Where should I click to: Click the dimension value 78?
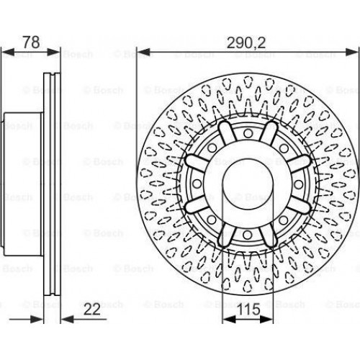pyautogui.click(x=31, y=42)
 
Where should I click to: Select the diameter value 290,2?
pyautogui.click(x=246, y=43)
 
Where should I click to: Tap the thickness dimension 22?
pyautogui.click(x=92, y=310)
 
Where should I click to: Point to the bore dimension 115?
pyautogui.click(x=248, y=309)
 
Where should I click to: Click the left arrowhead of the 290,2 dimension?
pyautogui.click(x=143, y=52)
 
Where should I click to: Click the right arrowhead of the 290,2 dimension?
pyautogui.click(x=352, y=52)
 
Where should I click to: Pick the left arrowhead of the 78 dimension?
pyautogui.click(x=8, y=52)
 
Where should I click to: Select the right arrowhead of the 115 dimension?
pyautogui.click(x=266, y=319)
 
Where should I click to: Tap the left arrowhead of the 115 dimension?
pyautogui.click(x=229, y=319)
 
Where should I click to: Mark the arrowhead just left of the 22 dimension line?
pyautogui.click(x=37, y=319)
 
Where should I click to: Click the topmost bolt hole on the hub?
pyautogui.click(x=248, y=133)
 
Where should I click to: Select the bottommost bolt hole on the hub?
pyautogui.click(x=248, y=235)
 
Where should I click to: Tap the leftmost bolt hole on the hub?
pyautogui.click(x=197, y=184)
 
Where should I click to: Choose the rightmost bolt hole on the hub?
pyautogui.click(x=298, y=184)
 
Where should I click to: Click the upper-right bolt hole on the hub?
pyautogui.click(x=284, y=148)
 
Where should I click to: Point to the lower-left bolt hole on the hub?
pyautogui.click(x=212, y=220)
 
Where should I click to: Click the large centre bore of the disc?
pyautogui.click(x=248, y=184)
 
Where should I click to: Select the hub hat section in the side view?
pyautogui.click(x=22, y=184)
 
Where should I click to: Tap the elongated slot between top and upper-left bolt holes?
pyautogui.click(x=227, y=133)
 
